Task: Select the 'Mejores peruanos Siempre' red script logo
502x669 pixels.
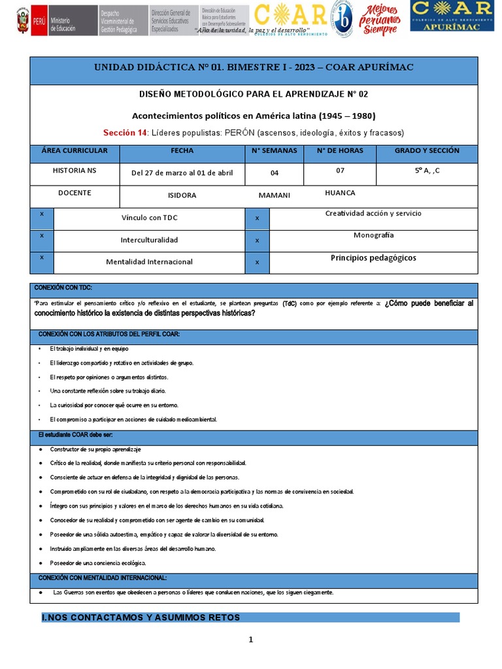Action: pos(380,20)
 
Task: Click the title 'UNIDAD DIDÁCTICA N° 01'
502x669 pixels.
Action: pos(254,68)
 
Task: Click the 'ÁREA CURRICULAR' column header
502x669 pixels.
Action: pos(75,151)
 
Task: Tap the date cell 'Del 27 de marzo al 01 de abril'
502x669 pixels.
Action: pos(182,173)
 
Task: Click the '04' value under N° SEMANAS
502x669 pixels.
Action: pos(274,173)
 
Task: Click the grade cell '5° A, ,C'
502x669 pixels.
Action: pos(427,171)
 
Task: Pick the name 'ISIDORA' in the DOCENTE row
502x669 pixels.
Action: pos(182,195)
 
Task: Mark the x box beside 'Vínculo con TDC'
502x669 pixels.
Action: pos(42,214)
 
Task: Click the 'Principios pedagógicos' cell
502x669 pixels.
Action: pos(373,257)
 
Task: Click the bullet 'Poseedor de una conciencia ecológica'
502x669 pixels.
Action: pos(98,563)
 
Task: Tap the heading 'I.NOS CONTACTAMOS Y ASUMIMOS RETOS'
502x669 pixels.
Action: pos(141,617)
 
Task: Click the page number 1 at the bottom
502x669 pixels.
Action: pos(250,640)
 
